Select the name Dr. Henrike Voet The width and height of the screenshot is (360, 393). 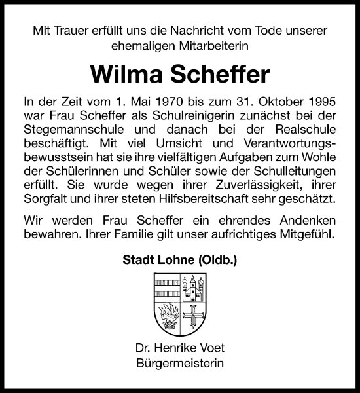(x=179, y=350)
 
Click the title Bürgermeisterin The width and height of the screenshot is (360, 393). (x=179, y=364)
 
